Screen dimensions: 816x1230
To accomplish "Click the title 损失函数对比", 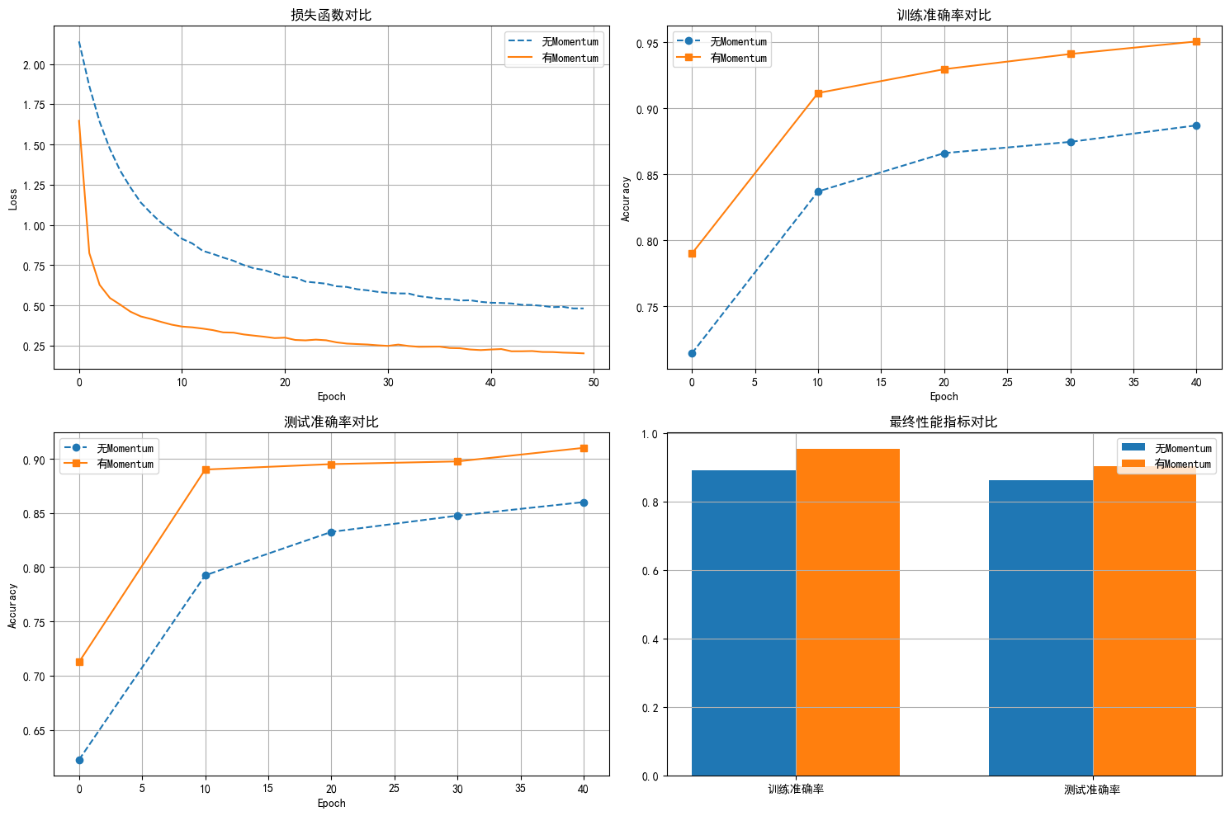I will point(331,15).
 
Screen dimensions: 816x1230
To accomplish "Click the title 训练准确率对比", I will point(944,15).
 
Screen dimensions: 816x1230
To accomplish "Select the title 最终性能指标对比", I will point(944,422).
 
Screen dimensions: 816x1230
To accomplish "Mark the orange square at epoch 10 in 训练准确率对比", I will point(818,93).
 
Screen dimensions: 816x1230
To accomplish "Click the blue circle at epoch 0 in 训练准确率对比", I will point(692,353).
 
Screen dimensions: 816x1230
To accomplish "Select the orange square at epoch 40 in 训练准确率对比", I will point(1196,41).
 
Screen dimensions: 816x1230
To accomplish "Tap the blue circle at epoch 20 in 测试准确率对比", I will point(331,532).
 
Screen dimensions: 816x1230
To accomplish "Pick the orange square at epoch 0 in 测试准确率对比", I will point(79,662).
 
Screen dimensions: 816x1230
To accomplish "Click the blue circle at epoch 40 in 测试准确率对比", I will point(584,502).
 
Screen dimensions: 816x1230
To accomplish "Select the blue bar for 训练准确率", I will point(743,623).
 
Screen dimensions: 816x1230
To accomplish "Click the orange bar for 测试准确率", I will point(1144,621).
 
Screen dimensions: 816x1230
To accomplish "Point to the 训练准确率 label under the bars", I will point(796,790).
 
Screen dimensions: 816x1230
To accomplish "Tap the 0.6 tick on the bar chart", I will point(650,571).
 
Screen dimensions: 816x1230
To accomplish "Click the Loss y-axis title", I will point(13,199).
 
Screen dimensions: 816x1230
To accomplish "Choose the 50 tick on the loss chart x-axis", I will point(594,382).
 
